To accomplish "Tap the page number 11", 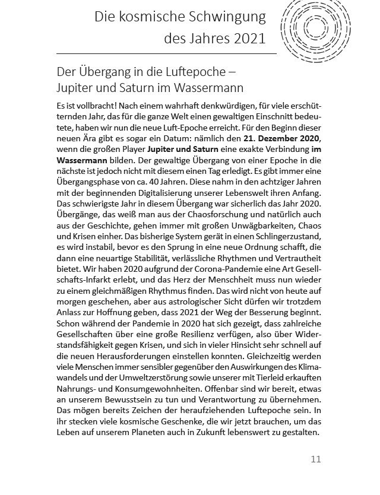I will point(315,459).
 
